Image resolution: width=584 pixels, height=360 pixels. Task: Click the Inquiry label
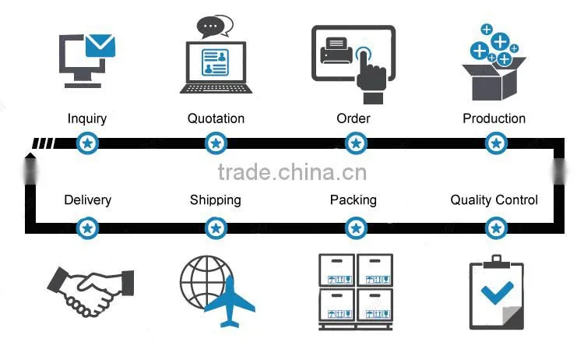click(x=87, y=119)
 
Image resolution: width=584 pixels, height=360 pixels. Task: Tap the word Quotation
click(x=216, y=118)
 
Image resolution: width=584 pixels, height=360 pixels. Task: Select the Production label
click(x=494, y=118)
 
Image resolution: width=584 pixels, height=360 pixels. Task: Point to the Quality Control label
click(x=494, y=200)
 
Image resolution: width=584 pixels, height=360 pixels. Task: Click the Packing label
click(x=353, y=200)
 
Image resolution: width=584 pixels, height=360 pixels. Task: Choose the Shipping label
click(x=215, y=200)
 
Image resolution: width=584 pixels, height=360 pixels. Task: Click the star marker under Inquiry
click(x=87, y=143)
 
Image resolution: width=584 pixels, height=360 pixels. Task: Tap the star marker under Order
click(x=356, y=143)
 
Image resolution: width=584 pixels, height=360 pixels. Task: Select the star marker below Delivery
click(x=87, y=228)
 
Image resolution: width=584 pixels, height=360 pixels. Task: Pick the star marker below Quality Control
click(x=496, y=228)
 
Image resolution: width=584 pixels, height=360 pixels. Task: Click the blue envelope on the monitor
click(x=100, y=45)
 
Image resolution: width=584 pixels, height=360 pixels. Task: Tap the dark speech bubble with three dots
click(x=211, y=26)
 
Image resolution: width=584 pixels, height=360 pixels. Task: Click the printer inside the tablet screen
click(x=336, y=51)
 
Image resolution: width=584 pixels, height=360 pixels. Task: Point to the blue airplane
click(x=230, y=302)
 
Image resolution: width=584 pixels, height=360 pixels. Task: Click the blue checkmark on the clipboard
click(x=498, y=291)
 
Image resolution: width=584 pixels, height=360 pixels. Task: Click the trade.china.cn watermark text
click(x=292, y=172)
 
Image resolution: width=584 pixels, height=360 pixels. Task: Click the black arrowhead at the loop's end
click(x=30, y=155)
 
